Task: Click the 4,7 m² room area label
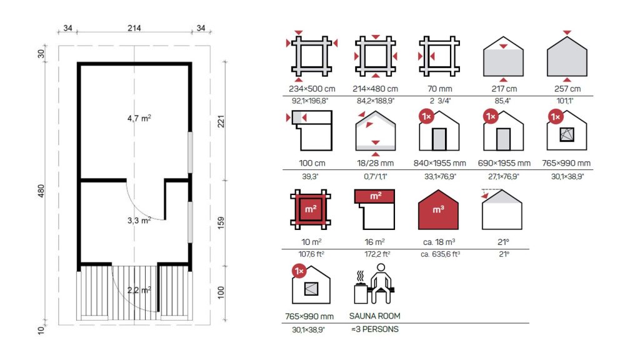pyautogui.click(x=139, y=118)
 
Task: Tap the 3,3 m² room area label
pyautogui.click(x=139, y=221)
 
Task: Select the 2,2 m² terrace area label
pyautogui.click(x=139, y=290)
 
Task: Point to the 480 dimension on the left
pyautogui.click(x=41, y=191)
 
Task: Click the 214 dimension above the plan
pyautogui.click(x=134, y=28)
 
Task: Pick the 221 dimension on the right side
pyautogui.click(x=221, y=121)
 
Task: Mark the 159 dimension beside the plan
pyautogui.click(x=221, y=222)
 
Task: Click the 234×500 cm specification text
pyautogui.click(x=312, y=89)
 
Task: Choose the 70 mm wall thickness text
pyautogui.click(x=439, y=89)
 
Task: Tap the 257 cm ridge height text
pyautogui.click(x=567, y=89)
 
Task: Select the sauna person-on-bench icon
pyautogui.click(x=375, y=284)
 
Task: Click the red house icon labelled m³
pyautogui.click(x=438, y=209)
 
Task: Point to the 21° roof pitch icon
pyautogui.click(x=502, y=209)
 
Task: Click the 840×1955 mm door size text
pyautogui.click(x=439, y=163)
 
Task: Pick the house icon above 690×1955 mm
pyautogui.click(x=503, y=131)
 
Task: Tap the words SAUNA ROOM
pyautogui.click(x=375, y=316)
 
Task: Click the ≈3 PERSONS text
pyautogui.click(x=375, y=329)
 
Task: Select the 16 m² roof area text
pyautogui.click(x=375, y=242)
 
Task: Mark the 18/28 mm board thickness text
pyautogui.click(x=376, y=163)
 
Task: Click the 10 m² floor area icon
pyautogui.click(x=311, y=209)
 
